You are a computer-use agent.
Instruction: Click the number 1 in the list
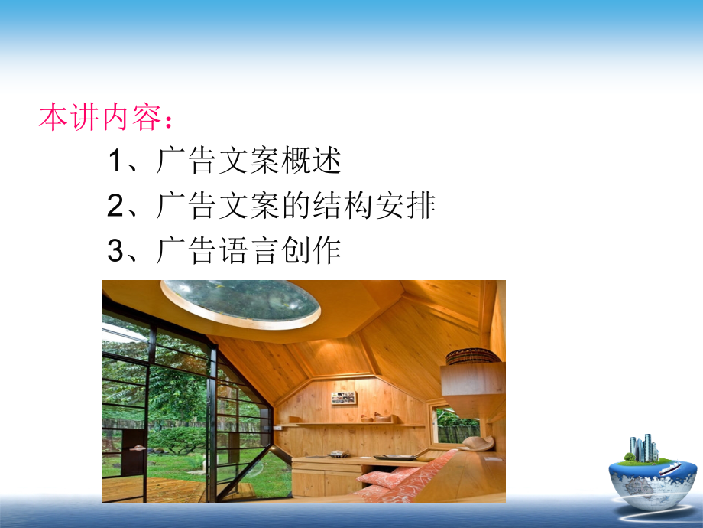point(115,161)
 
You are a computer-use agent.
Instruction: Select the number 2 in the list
point(115,206)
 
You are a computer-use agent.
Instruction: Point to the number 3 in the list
point(115,250)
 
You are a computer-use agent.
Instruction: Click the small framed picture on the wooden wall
point(343,397)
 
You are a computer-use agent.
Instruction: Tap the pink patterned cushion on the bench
point(397,477)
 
